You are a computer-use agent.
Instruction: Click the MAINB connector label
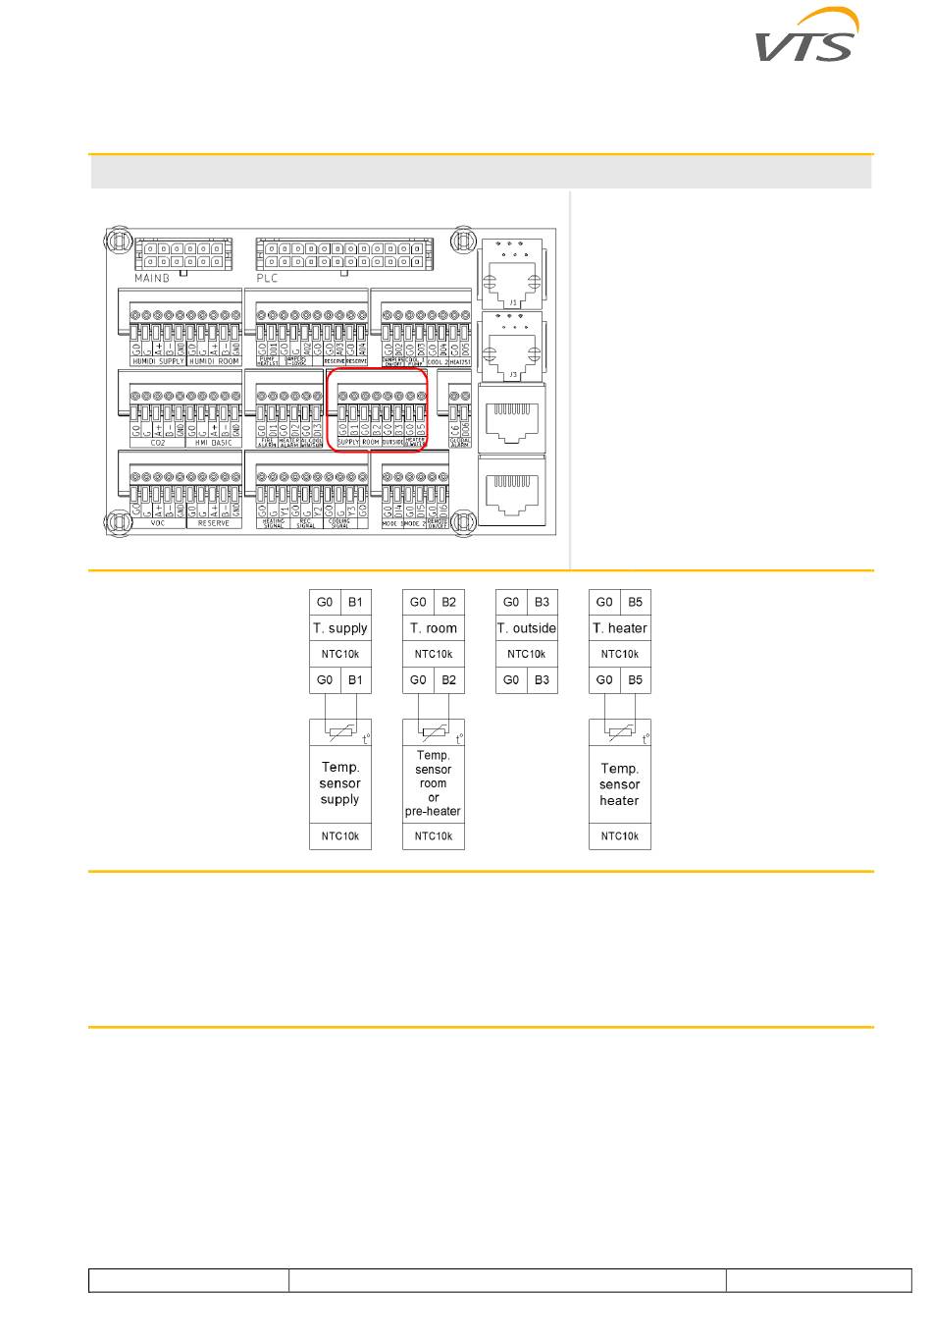click(152, 278)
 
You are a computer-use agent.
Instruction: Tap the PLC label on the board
click(267, 278)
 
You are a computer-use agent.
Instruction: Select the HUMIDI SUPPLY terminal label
click(158, 361)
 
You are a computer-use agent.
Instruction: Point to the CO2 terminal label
click(158, 443)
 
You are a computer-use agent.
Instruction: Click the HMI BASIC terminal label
click(214, 443)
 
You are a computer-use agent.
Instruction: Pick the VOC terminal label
click(158, 523)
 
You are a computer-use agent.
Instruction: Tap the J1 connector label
click(512, 302)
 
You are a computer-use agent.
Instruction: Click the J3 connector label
click(512, 374)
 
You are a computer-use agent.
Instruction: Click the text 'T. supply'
click(340, 628)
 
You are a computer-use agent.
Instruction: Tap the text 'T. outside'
click(527, 628)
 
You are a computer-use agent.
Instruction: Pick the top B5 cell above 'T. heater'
click(636, 602)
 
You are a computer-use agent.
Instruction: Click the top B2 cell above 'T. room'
click(449, 602)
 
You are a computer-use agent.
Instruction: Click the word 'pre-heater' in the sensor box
click(433, 812)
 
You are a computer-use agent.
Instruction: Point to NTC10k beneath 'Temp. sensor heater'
click(620, 836)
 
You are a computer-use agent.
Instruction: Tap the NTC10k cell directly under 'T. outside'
click(527, 654)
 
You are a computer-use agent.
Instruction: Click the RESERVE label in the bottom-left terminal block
click(214, 523)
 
